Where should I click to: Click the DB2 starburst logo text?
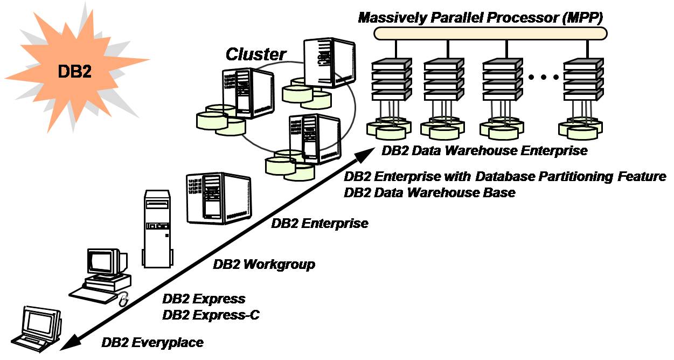(73, 72)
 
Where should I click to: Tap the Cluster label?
(256, 54)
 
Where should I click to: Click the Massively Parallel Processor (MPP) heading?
(481, 17)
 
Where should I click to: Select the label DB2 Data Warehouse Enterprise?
(484, 151)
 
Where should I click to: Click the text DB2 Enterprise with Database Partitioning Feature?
(505, 177)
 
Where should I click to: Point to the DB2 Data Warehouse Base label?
(429, 192)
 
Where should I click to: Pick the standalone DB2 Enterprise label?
(319, 223)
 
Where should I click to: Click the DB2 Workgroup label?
(264, 265)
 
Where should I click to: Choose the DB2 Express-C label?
(211, 315)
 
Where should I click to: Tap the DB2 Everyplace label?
(152, 342)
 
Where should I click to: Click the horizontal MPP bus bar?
(490, 33)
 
